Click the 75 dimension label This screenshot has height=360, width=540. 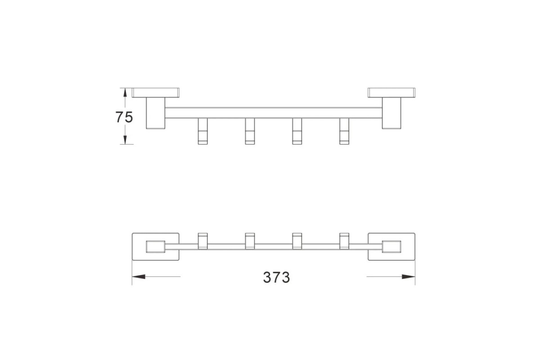124,117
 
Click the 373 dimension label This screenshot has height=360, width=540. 276,277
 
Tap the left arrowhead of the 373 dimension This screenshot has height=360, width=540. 139,277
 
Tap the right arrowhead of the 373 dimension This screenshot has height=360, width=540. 409,277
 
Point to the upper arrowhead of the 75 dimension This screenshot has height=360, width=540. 125,93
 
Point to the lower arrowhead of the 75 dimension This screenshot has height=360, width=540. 125,140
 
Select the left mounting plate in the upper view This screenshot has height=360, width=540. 156,93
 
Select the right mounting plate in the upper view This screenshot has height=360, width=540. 391,93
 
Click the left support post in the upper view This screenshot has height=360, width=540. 156,113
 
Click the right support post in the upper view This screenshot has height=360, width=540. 391,113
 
